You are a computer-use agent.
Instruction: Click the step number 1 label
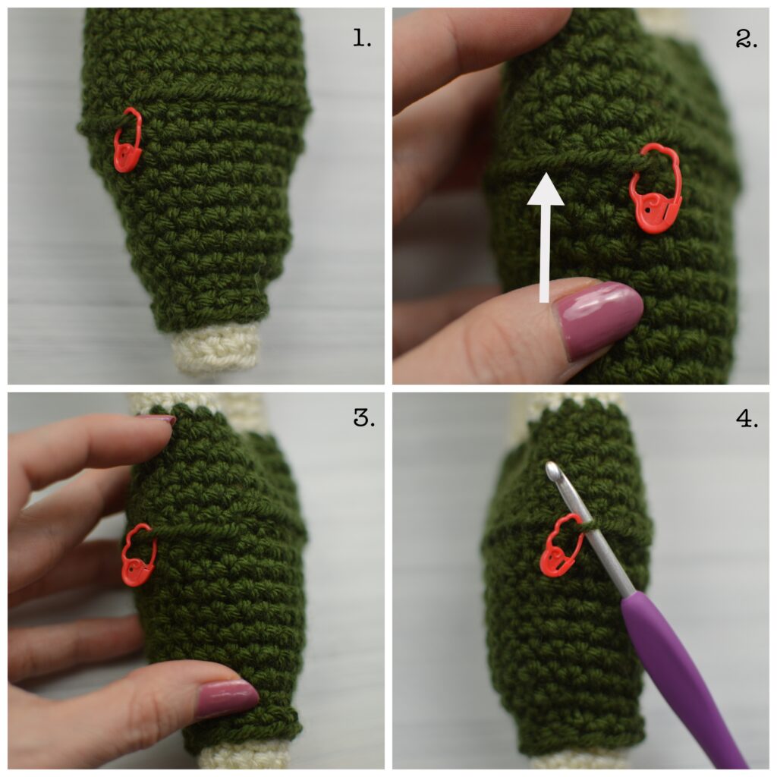(362, 38)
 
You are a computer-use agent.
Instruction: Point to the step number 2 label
(747, 38)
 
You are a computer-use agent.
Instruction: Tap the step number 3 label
(363, 418)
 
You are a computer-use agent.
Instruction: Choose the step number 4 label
(747, 418)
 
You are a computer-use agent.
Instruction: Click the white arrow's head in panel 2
(545, 190)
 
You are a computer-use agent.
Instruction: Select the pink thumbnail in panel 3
(228, 698)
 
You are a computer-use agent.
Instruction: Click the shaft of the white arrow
(545, 253)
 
